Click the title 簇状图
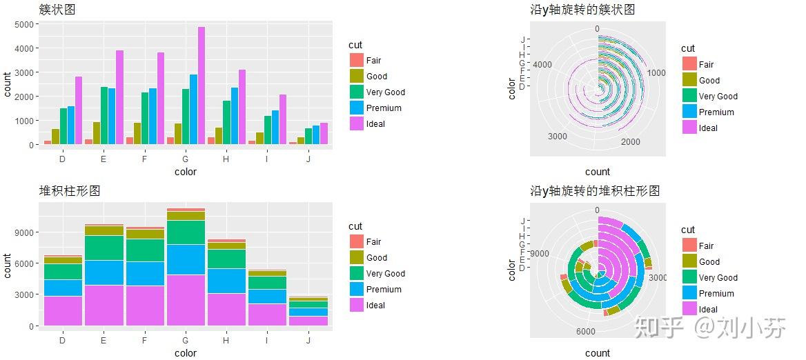pyautogui.click(x=57, y=9)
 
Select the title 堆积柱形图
pyautogui.click(x=69, y=191)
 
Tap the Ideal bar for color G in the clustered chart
pyautogui.click(x=201, y=86)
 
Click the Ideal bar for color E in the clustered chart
pyautogui.click(x=119, y=98)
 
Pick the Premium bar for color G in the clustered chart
pyautogui.click(x=193, y=110)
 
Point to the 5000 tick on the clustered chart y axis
pyautogui.click(x=23, y=24)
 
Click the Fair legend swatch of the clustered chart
pyautogui.click(x=356, y=61)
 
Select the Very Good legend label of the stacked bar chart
pyautogui.click(x=385, y=274)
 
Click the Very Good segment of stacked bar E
pyautogui.click(x=104, y=248)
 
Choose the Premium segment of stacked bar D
pyautogui.click(x=63, y=288)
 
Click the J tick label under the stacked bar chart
pyautogui.click(x=308, y=340)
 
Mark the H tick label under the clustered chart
pyautogui.click(x=226, y=159)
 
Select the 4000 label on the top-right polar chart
pyautogui.click(x=542, y=64)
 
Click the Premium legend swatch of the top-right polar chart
pyautogui.click(x=689, y=112)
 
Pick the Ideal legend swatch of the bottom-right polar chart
pyautogui.click(x=689, y=309)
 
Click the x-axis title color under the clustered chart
pyautogui.click(x=185, y=172)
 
